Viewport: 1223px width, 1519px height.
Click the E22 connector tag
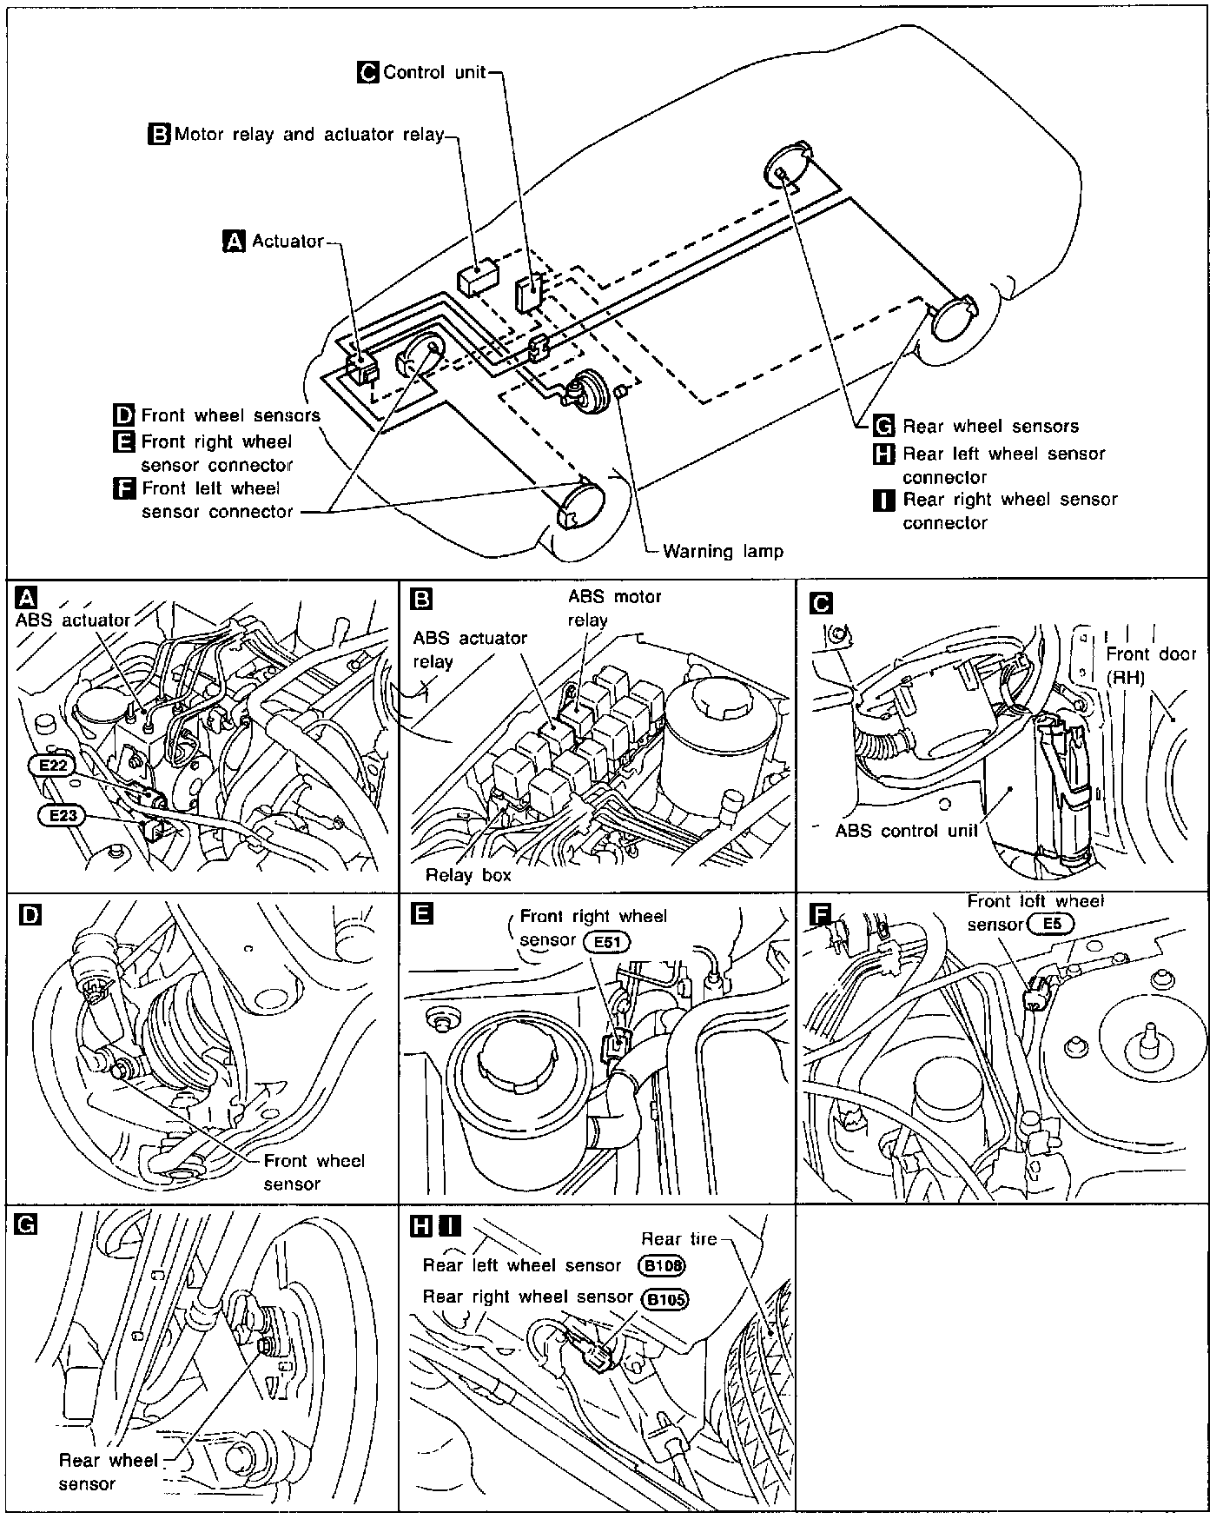tap(51, 765)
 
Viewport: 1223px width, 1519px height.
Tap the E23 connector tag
tap(62, 815)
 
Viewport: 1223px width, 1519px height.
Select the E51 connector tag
tap(607, 941)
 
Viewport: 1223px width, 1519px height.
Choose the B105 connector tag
tap(664, 1300)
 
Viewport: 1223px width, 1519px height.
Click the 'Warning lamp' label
tap(723, 551)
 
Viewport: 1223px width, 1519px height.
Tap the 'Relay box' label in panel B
tap(468, 875)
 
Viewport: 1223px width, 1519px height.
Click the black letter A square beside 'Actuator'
tap(235, 242)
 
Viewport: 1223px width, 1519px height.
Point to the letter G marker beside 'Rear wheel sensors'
tap(883, 426)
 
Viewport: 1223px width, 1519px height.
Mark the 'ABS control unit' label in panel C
tap(906, 830)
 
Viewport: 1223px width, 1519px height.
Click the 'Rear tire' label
tap(678, 1238)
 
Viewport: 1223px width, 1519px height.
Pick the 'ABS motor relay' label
tap(614, 608)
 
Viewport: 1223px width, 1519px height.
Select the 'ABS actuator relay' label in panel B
tap(470, 649)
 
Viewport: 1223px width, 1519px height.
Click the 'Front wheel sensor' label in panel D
tap(314, 1172)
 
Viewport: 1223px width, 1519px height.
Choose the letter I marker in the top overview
tap(883, 500)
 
